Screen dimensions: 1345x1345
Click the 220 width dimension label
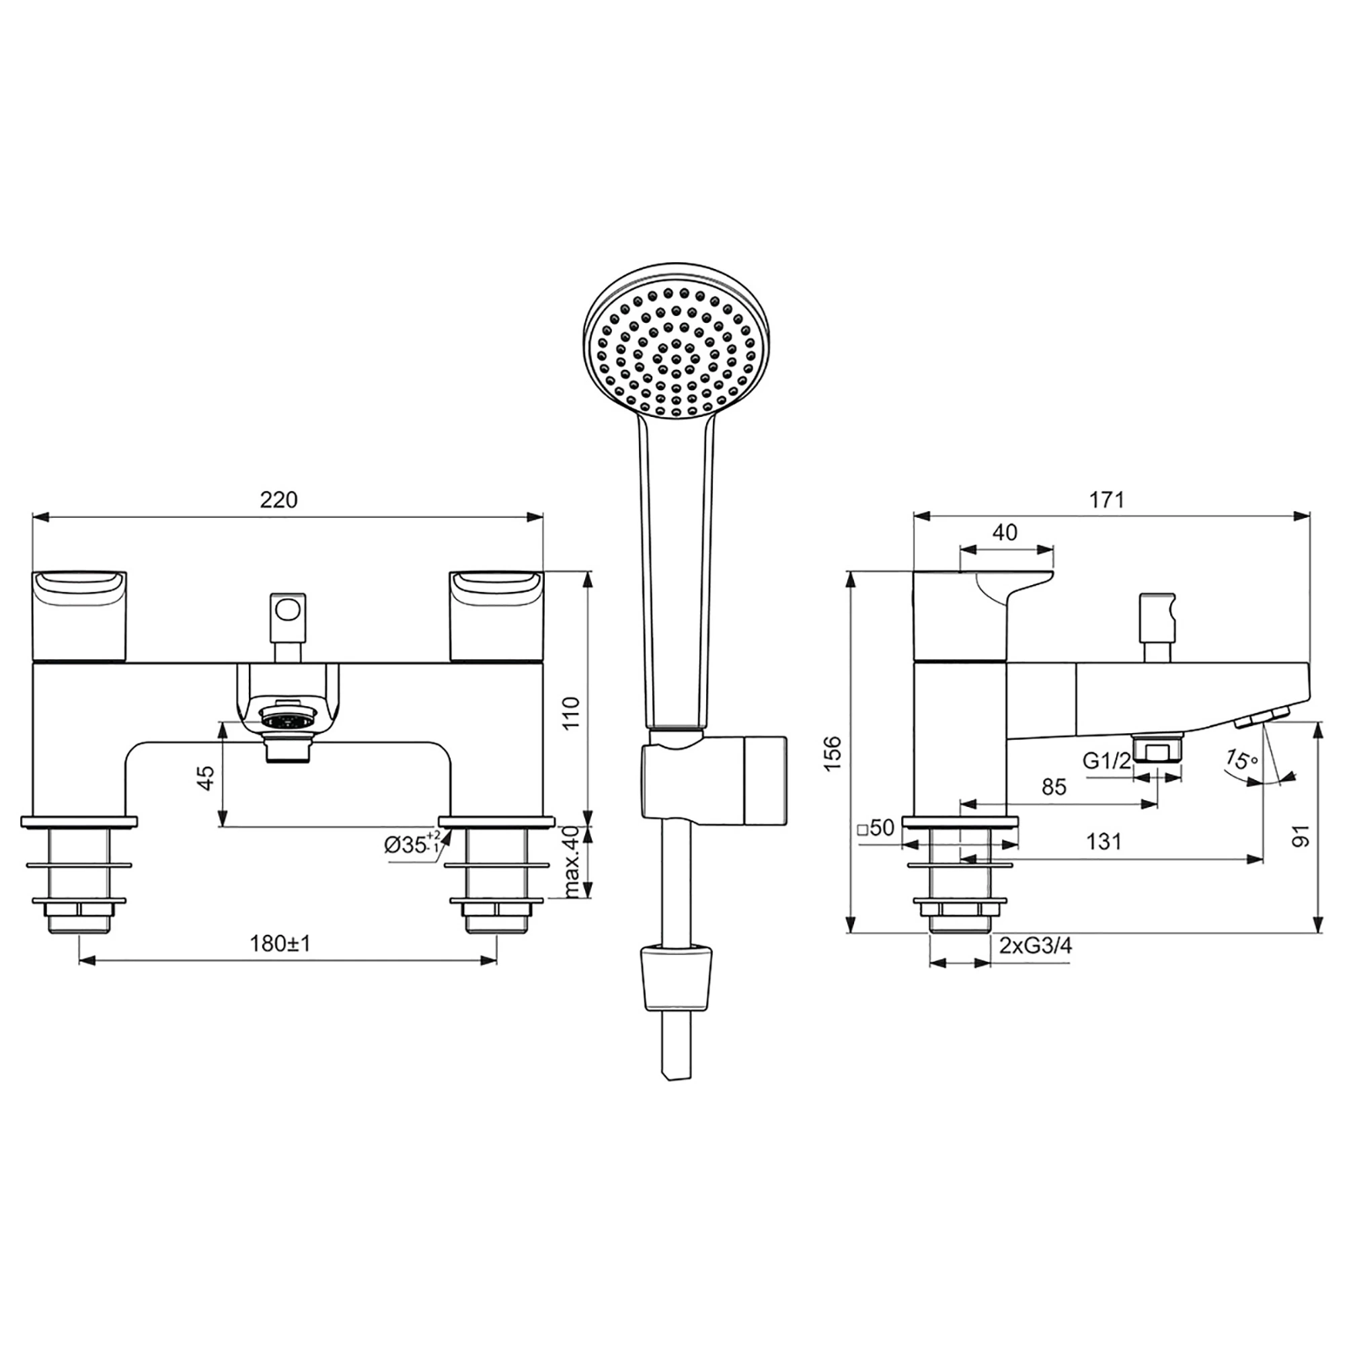[278, 500]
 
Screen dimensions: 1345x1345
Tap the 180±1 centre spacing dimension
[280, 944]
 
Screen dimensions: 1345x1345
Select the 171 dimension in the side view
[1107, 500]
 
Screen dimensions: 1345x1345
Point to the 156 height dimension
[833, 753]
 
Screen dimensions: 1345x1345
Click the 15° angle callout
[1241, 759]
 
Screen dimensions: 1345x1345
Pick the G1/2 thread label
[1107, 761]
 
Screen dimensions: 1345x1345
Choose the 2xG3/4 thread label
[1035, 946]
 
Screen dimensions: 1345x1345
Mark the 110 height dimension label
[571, 713]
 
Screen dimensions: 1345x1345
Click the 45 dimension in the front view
[206, 777]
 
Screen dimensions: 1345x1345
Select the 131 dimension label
[1104, 842]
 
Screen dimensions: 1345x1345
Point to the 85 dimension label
[1054, 787]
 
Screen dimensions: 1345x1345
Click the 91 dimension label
[1301, 836]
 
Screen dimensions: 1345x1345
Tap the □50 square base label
[876, 828]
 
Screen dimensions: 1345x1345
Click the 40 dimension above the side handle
[1005, 533]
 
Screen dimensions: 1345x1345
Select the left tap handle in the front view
[79, 614]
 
